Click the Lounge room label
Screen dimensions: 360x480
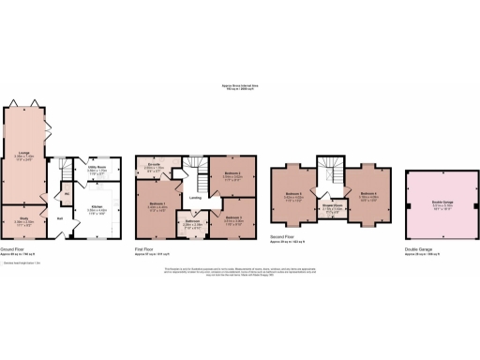tap(25, 155)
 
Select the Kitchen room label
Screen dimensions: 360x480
tap(97, 207)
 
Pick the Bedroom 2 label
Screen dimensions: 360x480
tap(233, 173)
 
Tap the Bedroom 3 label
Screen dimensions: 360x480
tap(233, 217)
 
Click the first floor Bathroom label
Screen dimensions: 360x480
tap(193, 222)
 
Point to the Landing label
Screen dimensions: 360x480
tap(195, 198)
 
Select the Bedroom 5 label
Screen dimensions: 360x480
tap(292, 195)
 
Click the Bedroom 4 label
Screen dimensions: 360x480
tap(367, 194)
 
